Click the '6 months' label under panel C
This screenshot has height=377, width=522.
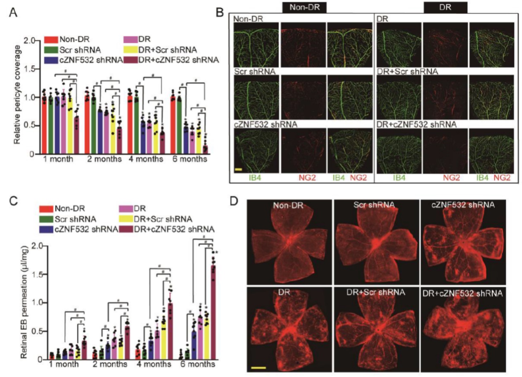coord(197,365)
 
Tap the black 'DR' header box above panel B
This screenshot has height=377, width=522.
coord(446,7)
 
